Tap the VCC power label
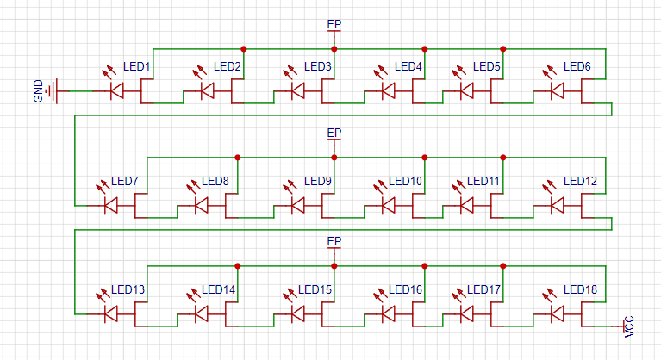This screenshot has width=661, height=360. (628, 326)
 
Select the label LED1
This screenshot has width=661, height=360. (136, 66)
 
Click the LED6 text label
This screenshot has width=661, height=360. (577, 66)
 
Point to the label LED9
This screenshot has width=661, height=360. (318, 181)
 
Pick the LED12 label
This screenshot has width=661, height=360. (580, 181)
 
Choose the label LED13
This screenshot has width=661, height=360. (128, 289)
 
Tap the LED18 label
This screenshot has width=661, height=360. (580, 289)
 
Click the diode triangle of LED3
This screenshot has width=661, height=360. (298, 91)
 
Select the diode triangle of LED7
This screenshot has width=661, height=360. (111, 206)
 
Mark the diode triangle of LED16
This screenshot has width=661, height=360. (389, 314)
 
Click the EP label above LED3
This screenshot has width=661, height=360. (334, 24)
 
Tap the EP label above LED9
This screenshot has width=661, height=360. (334, 133)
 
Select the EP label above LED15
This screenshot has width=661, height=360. (334, 242)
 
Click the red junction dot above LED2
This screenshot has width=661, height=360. (244, 49)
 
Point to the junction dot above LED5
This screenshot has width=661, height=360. (503, 49)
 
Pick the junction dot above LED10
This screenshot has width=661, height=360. (425, 158)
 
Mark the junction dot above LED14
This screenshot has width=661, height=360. (238, 266)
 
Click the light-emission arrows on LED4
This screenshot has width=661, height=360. (381, 72)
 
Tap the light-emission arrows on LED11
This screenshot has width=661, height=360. (459, 187)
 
